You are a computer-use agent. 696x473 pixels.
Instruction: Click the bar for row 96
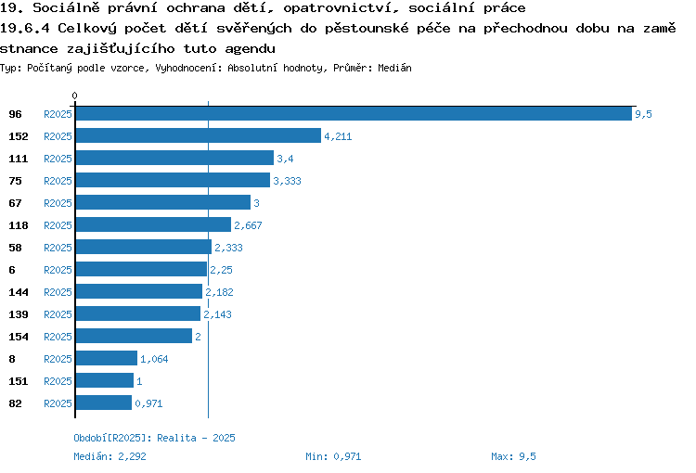point(354,113)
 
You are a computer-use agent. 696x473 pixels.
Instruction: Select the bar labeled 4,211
point(199,135)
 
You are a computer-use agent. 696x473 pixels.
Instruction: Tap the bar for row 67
point(163,202)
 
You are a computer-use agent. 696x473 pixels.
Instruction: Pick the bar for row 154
point(134,336)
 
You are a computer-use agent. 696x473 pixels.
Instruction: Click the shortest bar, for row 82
point(104,403)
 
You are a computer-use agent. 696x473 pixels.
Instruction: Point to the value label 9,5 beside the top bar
point(643,114)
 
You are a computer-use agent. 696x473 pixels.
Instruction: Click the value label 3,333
point(287,181)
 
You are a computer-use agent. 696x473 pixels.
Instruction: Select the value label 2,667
point(248,225)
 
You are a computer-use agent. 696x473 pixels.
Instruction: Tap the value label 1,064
point(154,359)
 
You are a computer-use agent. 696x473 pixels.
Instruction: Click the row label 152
point(19,136)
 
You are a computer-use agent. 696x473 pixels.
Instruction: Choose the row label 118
point(19,225)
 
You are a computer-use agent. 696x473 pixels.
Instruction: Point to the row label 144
point(19,292)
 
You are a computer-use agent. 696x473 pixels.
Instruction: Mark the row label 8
point(12,359)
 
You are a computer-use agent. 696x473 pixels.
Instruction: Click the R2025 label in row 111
point(58,159)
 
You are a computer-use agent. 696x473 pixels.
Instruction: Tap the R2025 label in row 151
point(58,380)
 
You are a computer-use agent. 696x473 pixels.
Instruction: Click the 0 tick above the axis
point(74,96)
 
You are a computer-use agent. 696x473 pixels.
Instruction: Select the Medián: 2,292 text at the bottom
point(110,456)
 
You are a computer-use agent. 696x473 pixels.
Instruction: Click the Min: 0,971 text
point(333,456)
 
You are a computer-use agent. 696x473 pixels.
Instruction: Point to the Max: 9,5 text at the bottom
point(513,456)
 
